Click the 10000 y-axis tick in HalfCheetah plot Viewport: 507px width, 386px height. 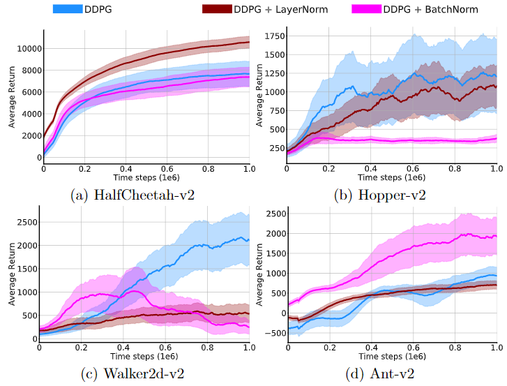click(x=27, y=49)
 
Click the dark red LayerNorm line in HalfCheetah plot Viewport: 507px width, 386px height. click(x=174, y=56)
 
